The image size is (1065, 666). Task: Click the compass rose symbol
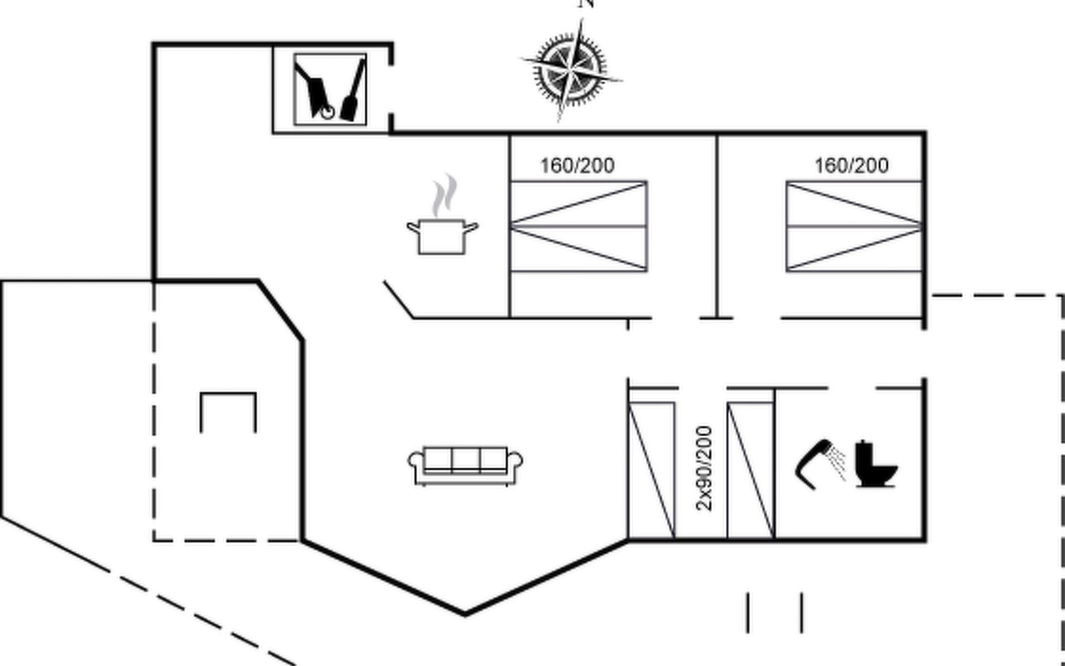571,69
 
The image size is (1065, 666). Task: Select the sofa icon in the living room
465,465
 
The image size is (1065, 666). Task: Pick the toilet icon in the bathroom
875,464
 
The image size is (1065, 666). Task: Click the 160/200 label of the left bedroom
577,165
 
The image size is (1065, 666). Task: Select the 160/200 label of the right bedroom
851,165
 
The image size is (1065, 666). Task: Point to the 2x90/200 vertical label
703,468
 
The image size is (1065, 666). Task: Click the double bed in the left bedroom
579,226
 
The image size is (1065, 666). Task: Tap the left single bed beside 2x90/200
652,470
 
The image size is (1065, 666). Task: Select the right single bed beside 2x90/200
750,470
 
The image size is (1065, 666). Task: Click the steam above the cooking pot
445,195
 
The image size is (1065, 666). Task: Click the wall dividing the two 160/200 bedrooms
717,225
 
